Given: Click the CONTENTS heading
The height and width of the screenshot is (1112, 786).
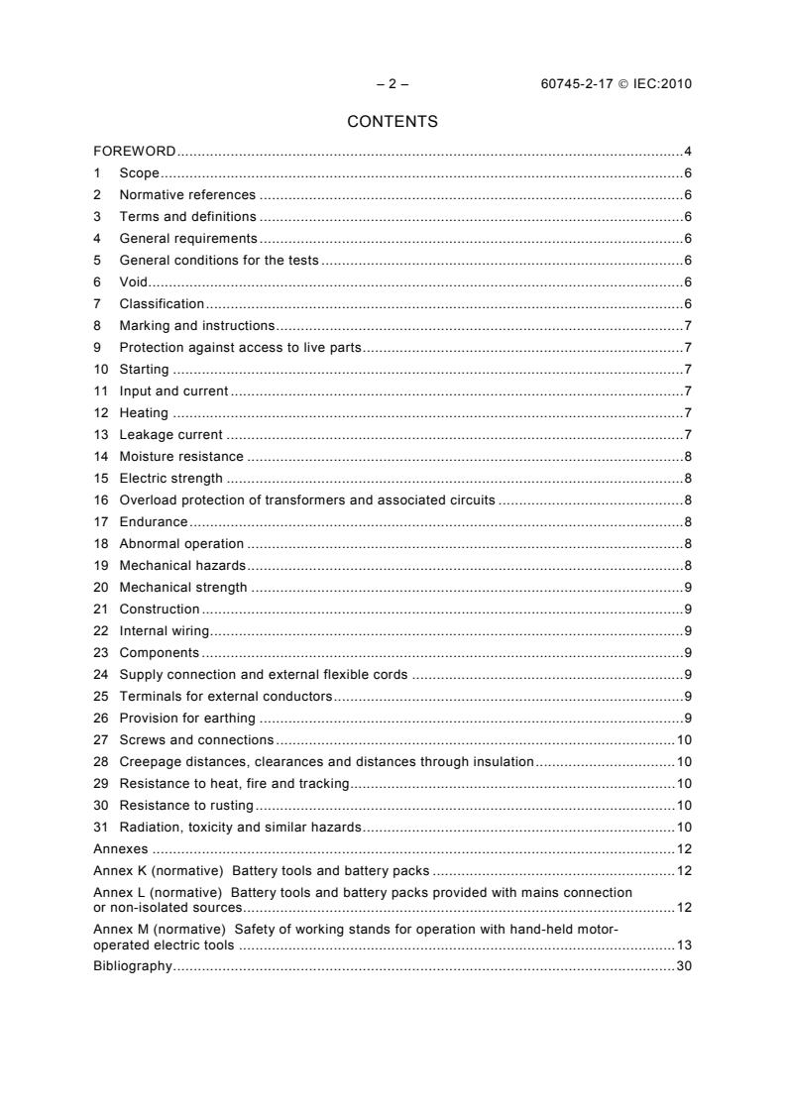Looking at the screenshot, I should click(393, 122).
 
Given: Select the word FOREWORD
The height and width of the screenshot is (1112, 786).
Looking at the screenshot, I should click(135, 152).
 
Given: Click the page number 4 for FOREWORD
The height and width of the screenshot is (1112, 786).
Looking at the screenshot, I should click(687, 152).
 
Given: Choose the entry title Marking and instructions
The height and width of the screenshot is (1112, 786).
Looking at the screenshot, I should click(196, 326).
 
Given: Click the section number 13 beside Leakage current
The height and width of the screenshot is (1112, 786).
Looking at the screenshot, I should click(100, 435).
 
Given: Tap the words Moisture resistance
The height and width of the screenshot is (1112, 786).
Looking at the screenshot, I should click(181, 457).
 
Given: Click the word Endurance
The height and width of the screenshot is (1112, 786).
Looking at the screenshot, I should click(154, 522).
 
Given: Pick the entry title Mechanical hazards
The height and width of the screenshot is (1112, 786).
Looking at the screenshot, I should click(182, 566).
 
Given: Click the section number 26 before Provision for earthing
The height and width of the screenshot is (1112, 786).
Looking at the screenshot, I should click(100, 719).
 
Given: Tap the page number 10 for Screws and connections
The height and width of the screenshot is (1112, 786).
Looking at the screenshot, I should click(684, 740).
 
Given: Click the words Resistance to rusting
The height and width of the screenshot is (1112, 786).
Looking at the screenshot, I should click(186, 806).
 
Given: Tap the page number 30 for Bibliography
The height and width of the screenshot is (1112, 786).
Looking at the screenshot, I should click(684, 966).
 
